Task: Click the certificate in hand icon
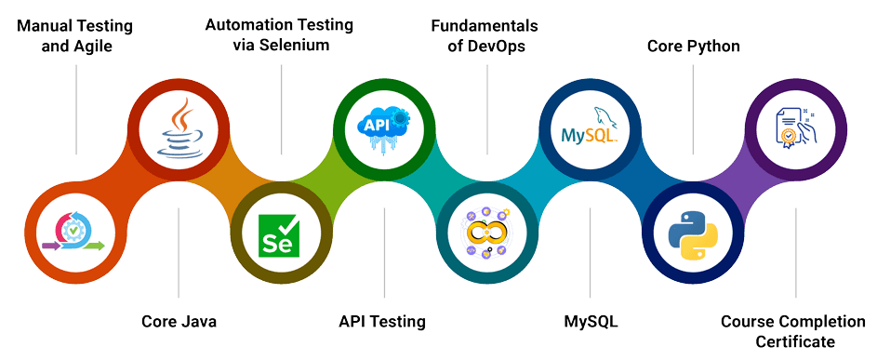[796, 127]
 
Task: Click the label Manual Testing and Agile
[75, 35]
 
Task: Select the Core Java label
[179, 322]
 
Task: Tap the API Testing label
[382, 322]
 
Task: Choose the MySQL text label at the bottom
[591, 322]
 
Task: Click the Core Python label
[694, 45]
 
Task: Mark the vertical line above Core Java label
[179, 260]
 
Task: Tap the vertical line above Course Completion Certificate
[796, 260]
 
